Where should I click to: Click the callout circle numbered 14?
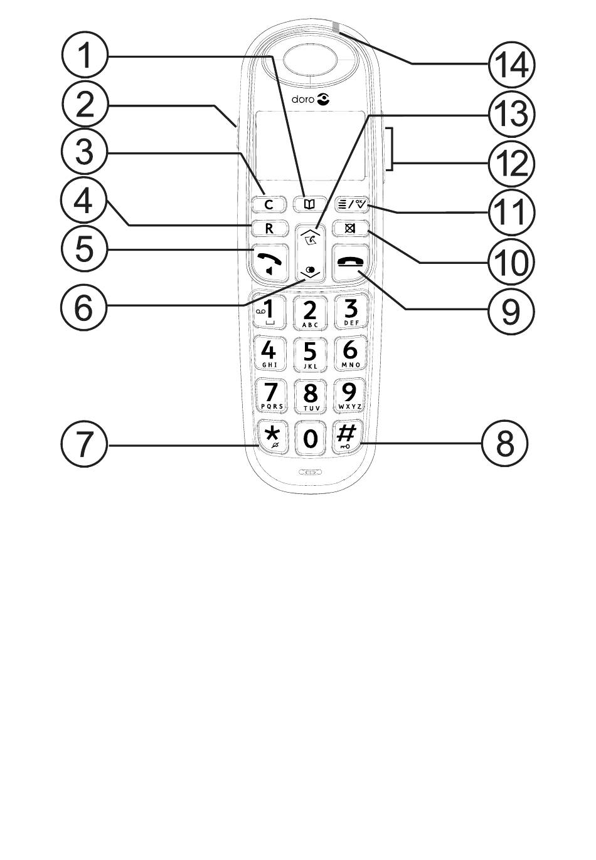511,64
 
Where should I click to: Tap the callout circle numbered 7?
85,444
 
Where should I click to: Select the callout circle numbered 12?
511,164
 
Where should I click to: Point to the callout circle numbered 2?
85,105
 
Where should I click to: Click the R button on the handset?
270,228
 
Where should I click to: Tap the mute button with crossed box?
350,228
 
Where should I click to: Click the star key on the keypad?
270,436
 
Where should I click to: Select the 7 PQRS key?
270,396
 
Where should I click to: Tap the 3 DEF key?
350,312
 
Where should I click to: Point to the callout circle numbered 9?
511,308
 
